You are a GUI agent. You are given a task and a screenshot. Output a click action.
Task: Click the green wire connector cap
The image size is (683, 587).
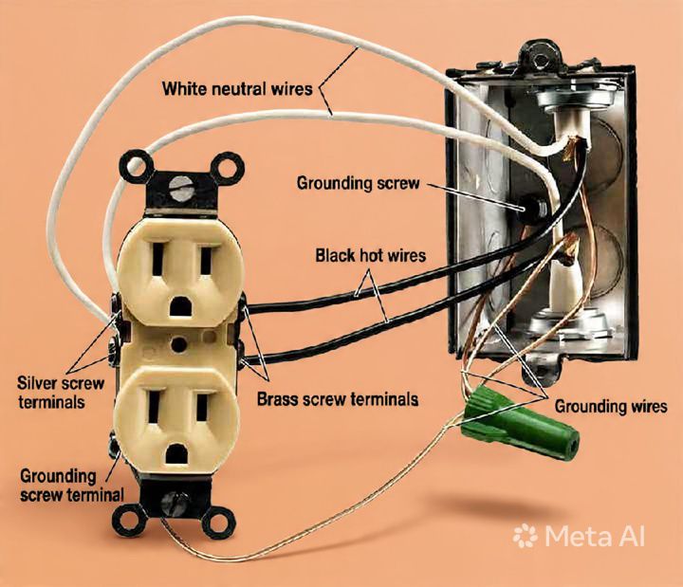(521, 422)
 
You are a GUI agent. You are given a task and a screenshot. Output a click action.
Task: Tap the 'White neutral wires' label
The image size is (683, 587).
(237, 89)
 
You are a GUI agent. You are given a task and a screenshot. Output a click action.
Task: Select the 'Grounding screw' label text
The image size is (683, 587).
(358, 183)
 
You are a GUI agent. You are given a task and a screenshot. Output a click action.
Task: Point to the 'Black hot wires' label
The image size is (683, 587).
(371, 256)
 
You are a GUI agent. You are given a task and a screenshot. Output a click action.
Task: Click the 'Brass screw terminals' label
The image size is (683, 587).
(338, 399)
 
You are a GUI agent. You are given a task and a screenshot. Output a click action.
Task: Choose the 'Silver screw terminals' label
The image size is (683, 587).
(61, 393)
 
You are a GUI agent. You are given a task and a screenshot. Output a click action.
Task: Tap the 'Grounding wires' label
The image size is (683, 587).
(611, 406)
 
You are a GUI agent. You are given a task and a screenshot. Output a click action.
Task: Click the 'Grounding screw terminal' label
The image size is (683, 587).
(72, 486)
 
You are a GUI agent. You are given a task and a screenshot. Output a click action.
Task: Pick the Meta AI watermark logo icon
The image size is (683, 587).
(525, 536)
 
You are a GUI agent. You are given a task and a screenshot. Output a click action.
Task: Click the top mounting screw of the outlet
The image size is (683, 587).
(180, 188)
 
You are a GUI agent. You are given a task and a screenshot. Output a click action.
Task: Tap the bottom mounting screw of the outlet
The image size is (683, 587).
(175, 504)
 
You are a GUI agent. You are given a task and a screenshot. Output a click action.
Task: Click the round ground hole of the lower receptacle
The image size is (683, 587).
(175, 455)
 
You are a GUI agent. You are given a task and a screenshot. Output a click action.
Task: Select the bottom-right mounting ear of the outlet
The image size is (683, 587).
(218, 522)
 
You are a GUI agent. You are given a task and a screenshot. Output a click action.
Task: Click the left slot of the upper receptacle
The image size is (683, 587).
(157, 260)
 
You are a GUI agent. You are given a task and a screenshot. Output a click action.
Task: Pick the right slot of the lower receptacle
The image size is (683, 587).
(202, 407)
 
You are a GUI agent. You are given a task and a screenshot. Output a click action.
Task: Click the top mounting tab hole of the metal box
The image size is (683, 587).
(541, 59)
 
